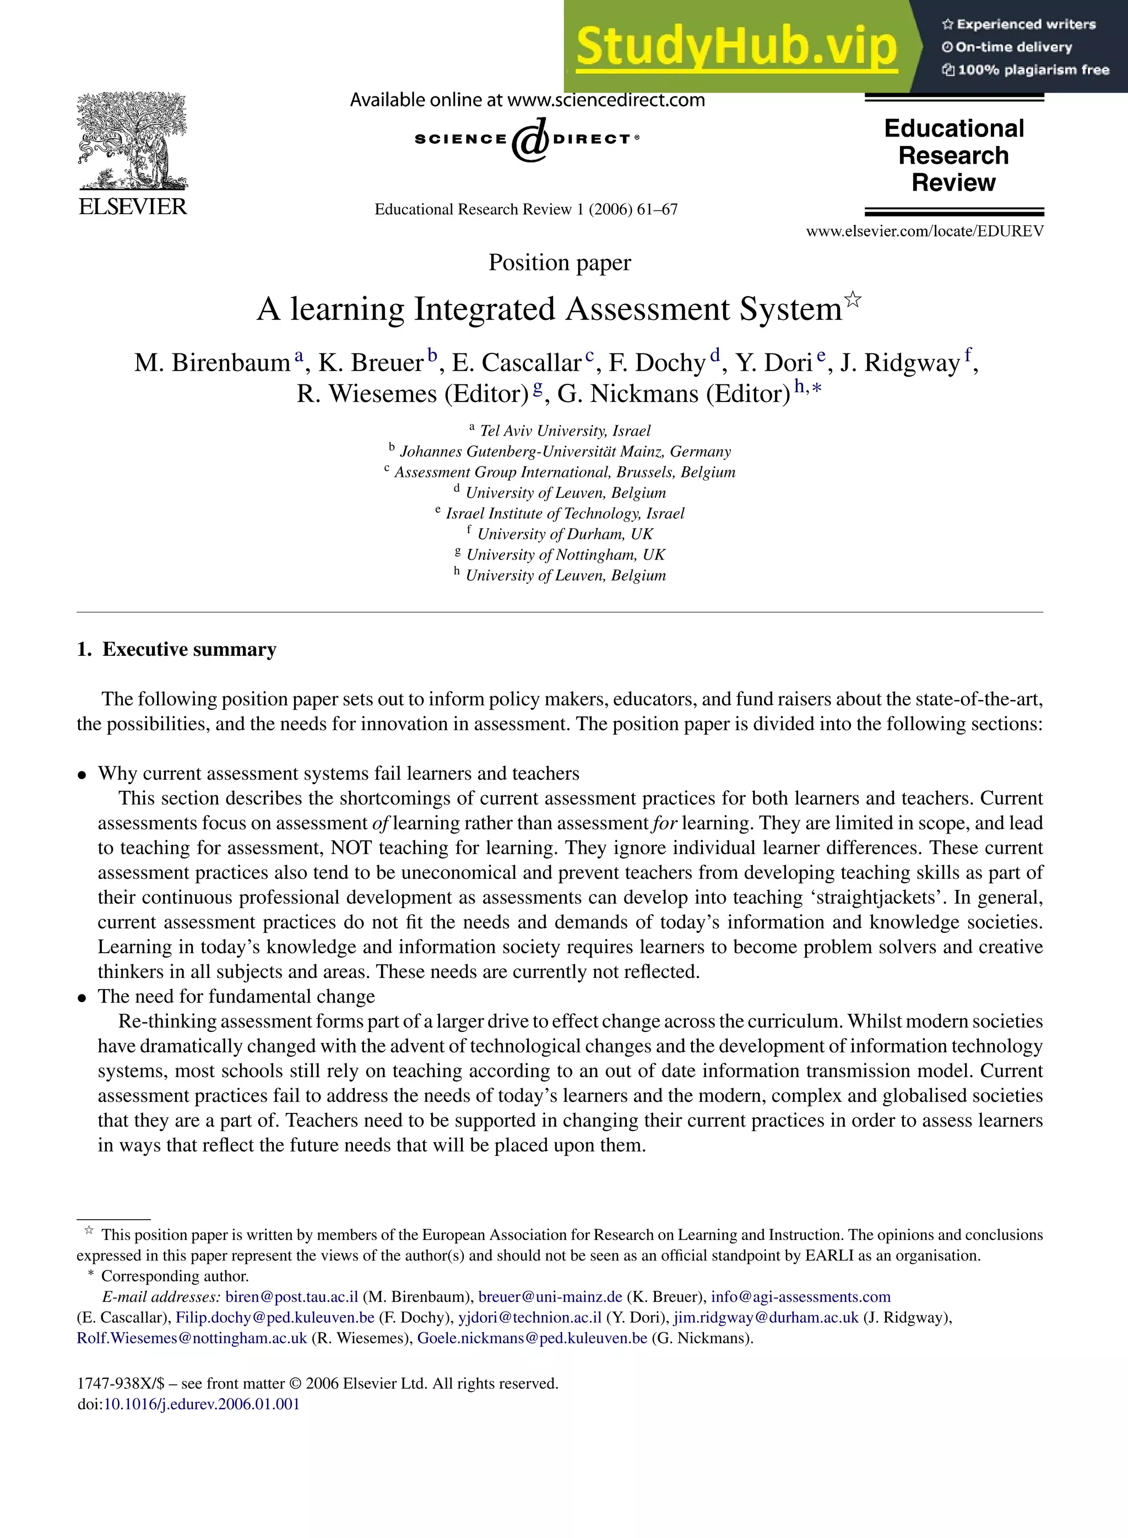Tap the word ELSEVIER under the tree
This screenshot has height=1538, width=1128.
pyautogui.click(x=133, y=207)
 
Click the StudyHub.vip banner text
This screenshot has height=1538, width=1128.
pyautogui.click(x=735, y=46)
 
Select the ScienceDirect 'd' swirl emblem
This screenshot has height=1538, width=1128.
pyautogui.click(x=530, y=140)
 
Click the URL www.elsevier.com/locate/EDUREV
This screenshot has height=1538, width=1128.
pyautogui.click(x=925, y=231)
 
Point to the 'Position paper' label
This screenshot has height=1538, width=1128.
pyautogui.click(x=559, y=263)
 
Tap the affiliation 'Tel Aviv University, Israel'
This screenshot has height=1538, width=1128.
pyautogui.click(x=565, y=431)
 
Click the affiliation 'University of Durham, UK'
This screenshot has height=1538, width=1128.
pyautogui.click(x=565, y=534)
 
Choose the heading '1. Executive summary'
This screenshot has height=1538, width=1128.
pyautogui.click(x=177, y=649)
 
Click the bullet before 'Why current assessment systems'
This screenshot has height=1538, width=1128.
pyautogui.click(x=82, y=775)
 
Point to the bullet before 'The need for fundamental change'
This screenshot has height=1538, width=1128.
pyautogui.click(x=82, y=998)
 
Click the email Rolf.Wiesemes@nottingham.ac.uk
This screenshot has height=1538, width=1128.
pyautogui.click(x=192, y=1338)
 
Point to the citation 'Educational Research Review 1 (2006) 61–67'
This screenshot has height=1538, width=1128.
pyautogui.click(x=526, y=210)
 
